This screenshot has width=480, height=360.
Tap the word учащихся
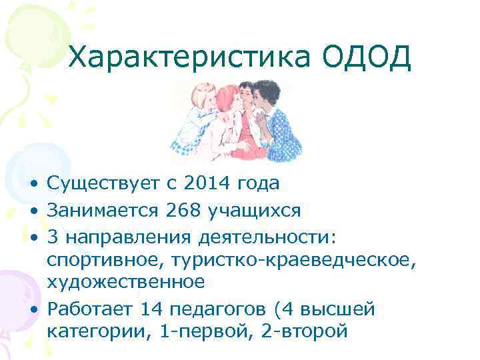click(x=253, y=211)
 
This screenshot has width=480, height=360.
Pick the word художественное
click(x=125, y=282)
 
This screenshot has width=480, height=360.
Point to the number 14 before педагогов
click(x=153, y=309)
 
